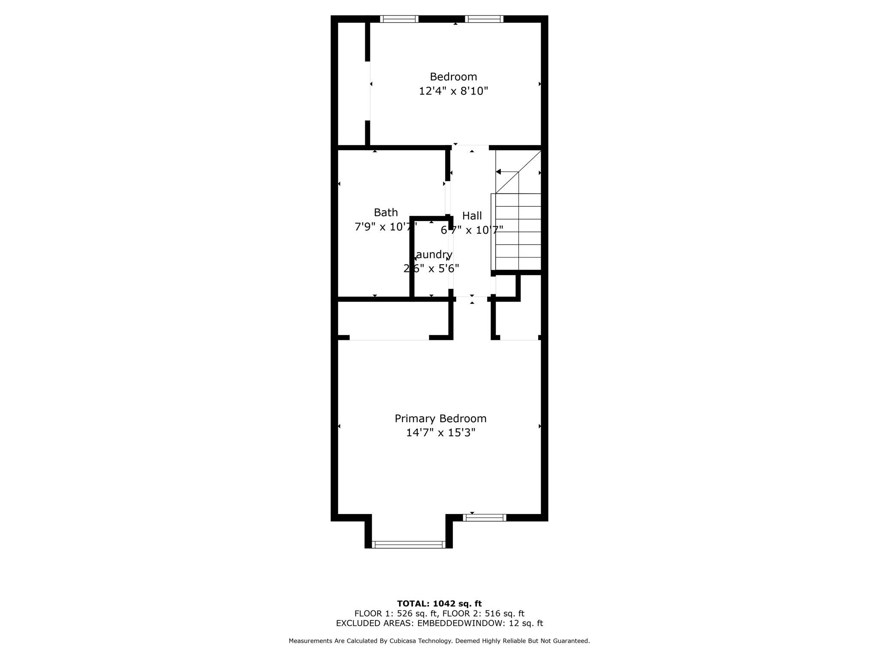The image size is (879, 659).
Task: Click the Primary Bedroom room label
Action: point(440,418)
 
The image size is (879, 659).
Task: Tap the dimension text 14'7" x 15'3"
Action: point(440,432)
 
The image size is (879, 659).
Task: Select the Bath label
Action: point(385,212)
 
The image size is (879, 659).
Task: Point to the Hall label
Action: point(472,216)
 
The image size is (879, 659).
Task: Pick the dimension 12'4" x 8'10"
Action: point(453,91)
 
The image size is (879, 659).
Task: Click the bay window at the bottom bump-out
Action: point(408,544)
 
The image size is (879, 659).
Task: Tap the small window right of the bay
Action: point(485,518)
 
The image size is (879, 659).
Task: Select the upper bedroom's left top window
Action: point(399,19)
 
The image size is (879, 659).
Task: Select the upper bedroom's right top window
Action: point(484,19)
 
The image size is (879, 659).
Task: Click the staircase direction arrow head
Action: point(498,172)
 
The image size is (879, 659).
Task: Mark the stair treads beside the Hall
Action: point(518,232)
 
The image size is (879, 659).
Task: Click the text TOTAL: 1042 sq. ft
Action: point(439,604)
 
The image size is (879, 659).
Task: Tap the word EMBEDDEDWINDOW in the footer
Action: point(461,623)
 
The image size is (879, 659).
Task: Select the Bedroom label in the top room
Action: point(453,77)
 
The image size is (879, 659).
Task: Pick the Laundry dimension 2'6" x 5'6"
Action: point(431,269)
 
